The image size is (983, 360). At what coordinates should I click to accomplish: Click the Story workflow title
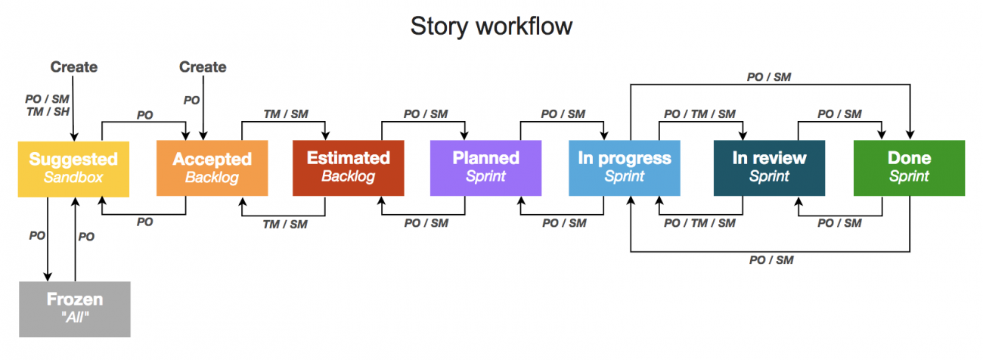491,26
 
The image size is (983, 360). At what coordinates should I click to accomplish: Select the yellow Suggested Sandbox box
73,168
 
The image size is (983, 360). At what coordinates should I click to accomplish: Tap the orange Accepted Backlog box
212,168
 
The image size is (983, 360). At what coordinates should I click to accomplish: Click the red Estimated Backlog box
348,168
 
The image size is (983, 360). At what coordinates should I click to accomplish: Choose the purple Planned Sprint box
485,168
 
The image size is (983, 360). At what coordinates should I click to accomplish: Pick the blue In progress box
624,168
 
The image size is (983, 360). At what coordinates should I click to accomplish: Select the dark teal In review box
769,168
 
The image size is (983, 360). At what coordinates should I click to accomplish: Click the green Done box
909,168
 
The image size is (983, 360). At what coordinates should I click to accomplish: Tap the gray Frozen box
74,309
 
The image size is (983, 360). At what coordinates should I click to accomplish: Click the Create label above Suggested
74,67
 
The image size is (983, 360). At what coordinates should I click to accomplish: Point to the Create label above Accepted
203,67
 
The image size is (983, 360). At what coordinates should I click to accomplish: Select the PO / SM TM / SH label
47,106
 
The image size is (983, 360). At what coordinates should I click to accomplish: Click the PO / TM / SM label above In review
699,114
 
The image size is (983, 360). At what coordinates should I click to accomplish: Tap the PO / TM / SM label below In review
699,223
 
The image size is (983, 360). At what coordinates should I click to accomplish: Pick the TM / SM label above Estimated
285,114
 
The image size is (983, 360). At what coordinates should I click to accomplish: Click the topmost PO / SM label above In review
769,76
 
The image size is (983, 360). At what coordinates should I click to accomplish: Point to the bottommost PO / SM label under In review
771,260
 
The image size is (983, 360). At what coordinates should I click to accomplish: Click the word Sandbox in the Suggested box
73,178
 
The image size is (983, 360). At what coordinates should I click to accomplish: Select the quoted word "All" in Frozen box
74,318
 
